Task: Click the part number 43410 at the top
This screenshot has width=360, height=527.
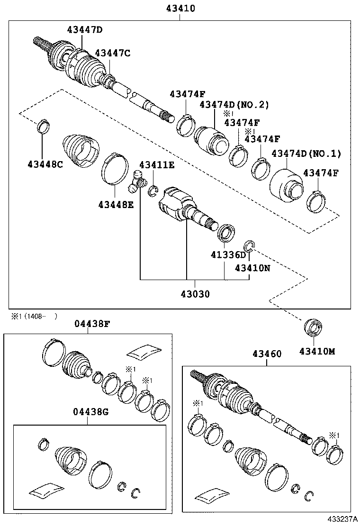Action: tap(180, 9)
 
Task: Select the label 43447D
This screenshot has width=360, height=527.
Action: tap(85, 30)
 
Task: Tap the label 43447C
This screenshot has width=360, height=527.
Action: tap(112, 53)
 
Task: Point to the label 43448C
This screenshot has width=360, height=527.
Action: tap(45, 164)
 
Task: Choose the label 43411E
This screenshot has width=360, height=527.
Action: tap(156, 165)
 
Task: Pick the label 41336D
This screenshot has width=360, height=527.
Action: tap(229, 255)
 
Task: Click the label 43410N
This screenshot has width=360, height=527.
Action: tap(252, 268)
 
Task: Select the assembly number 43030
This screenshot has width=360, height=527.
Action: tap(195, 294)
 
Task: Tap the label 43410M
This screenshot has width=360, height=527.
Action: tap(317, 351)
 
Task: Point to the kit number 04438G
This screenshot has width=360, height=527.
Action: tap(91, 411)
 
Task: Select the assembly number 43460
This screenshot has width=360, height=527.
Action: tap(267, 354)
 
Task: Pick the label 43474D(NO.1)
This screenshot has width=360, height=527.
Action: tap(306, 154)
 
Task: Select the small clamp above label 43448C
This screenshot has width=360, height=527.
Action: tap(43, 127)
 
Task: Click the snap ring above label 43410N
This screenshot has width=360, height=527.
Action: tap(250, 246)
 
